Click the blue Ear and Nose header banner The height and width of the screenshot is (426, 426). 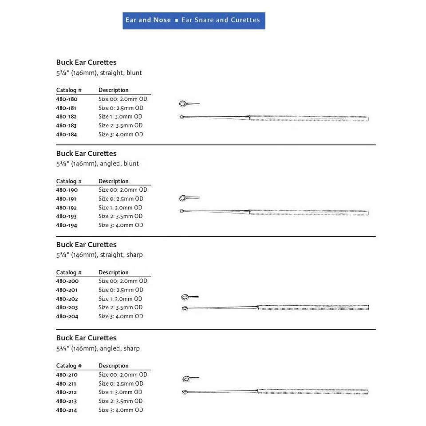[x=194, y=20]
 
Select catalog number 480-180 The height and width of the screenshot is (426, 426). [x=67, y=99]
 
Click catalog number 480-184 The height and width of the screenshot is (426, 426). [x=67, y=134]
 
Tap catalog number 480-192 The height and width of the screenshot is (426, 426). [x=67, y=208]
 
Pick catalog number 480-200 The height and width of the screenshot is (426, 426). [x=67, y=281]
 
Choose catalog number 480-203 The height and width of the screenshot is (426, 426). [x=67, y=308]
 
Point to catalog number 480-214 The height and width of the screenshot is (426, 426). [x=67, y=410]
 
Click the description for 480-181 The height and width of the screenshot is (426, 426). [x=121, y=108]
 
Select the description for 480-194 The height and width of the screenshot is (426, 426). [x=121, y=225]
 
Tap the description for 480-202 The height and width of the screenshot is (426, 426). [x=120, y=299]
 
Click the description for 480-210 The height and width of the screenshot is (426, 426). [x=123, y=375]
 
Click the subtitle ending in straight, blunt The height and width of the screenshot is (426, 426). [x=99, y=73]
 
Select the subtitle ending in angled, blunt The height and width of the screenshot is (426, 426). [x=98, y=164]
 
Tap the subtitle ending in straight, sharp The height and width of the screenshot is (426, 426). [x=99, y=255]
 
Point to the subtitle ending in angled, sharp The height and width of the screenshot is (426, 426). [x=98, y=348]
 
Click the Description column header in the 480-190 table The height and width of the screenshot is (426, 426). [x=114, y=181]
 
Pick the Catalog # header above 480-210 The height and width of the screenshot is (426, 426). [x=69, y=366]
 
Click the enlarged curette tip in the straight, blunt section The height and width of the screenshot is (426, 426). [x=183, y=104]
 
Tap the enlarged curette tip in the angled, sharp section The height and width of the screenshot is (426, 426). [x=187, y=379]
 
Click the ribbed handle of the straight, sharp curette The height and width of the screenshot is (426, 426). [x=313, y=307]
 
